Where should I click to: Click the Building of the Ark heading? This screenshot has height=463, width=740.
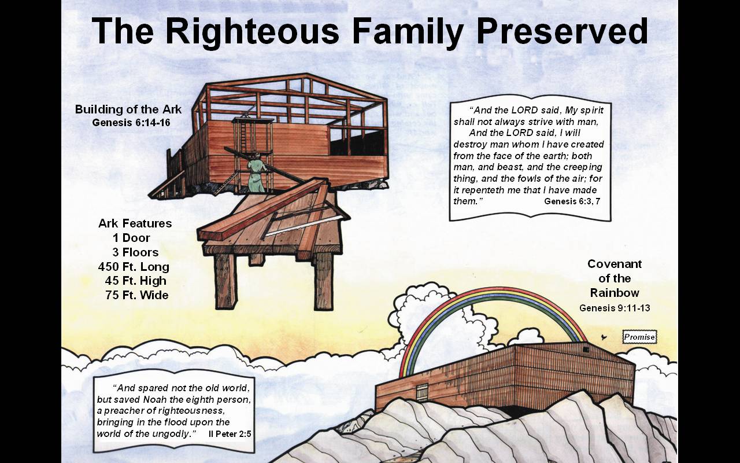(128, 109)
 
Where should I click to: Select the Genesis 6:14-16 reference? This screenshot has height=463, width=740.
(131, 123)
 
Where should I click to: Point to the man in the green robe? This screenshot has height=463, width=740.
(257, 172)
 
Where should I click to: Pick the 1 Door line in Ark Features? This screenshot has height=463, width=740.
(131, 238)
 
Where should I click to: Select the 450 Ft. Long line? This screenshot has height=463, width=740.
(134, 267)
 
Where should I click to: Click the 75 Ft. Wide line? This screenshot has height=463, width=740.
(137, 295)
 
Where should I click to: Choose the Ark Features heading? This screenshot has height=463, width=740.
(135, 223)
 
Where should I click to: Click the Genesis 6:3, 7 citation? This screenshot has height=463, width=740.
(572, 201)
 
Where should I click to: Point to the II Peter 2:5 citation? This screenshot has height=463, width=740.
(230, 434)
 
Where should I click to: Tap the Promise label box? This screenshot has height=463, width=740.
(639, 337)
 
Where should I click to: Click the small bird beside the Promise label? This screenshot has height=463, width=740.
(604, 337)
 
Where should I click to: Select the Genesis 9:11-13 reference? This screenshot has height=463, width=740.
(615, 308)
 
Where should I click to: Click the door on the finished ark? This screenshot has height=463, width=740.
(422, 393)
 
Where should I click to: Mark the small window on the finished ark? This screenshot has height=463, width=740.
(586, 350)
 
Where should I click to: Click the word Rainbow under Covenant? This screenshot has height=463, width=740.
(615, 293)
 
